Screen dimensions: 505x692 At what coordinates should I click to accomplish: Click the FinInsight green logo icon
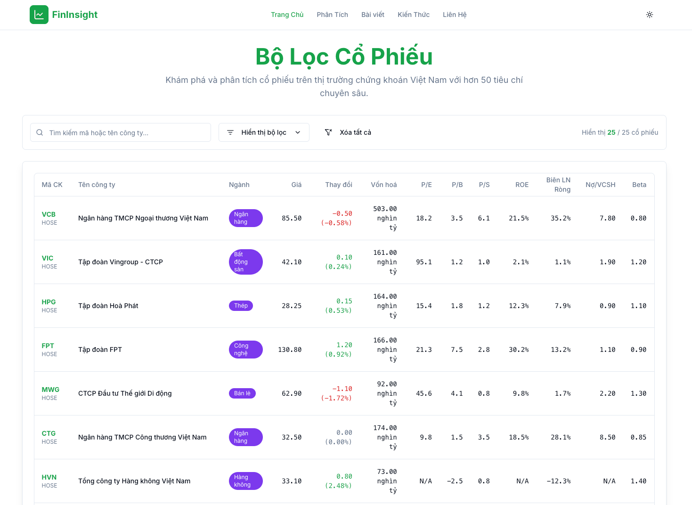tap(39, 15)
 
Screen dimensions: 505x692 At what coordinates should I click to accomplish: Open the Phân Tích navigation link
tap(332, 15)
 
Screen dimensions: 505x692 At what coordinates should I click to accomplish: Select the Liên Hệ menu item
tap(454, 15)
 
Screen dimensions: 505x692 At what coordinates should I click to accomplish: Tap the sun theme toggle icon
tap(649, 15)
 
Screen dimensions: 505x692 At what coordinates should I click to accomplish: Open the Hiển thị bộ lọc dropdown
tap(264, 132)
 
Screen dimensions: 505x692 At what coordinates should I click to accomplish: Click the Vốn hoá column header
tap(383, 185)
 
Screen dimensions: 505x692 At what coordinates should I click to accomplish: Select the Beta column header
tap(639, 185)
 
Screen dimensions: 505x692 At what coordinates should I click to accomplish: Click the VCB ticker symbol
tap(49, 214)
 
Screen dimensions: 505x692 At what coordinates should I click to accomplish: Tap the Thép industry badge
tap(241, 306)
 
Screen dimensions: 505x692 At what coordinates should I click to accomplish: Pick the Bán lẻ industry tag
tap(242, 393)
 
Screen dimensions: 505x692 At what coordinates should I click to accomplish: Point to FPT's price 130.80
tap(290, 350)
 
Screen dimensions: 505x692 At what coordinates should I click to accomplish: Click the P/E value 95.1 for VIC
tap(423, 262)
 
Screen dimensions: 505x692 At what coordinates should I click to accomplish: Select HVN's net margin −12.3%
tap(558, 481)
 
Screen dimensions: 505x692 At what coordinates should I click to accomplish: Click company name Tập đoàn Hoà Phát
tap(108, 306)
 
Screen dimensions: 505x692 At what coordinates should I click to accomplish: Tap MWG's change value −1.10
tap(342, 389)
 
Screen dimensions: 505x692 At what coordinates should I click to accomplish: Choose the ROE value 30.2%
tap(518, 350)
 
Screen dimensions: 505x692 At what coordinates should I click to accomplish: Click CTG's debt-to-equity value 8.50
tap(607, 437)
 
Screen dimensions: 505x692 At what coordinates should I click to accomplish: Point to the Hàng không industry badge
tap(245, 481)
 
